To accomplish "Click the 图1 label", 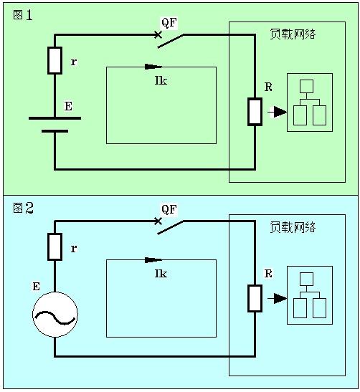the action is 22,15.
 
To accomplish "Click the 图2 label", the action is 23,208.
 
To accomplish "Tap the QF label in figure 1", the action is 169,23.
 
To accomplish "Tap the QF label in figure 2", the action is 169,209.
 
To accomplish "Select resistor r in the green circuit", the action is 55,60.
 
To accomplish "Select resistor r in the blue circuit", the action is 55,247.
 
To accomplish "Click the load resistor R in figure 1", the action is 255,112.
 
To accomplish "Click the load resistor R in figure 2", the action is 255,298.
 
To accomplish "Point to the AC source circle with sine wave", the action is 55,315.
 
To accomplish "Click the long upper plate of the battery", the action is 55,118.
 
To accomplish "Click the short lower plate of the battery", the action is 55,131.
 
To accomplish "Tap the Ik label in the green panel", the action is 161,80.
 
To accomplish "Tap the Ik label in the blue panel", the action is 161,274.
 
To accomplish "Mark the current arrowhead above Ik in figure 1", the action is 153,67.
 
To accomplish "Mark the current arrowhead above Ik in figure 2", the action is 153,260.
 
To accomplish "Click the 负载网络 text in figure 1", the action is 293,34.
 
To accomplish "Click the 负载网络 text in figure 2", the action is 293,227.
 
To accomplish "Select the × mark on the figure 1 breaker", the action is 158,34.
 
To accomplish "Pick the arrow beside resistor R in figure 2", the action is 278,298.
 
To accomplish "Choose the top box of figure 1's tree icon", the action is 306,86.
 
